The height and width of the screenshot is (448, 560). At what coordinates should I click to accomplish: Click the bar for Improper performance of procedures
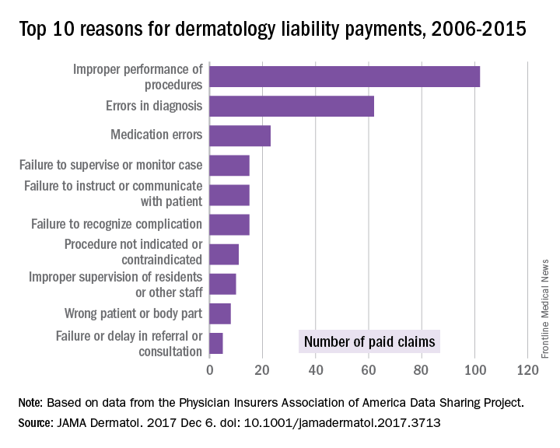pos(345,76)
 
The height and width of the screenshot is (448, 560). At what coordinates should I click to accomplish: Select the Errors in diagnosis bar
pos(292,106)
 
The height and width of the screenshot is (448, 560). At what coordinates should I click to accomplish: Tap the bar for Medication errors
pos(240,135)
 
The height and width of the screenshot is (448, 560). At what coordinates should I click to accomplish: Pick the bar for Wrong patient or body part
pos(220,313)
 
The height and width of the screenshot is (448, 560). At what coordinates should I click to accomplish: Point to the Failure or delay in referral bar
pos(215,343)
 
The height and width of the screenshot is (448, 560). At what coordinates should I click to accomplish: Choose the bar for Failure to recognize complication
pos(229,224)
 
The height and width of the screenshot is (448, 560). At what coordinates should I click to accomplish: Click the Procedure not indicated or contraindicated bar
pos(224,254)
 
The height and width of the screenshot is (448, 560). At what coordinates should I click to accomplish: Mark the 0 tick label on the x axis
pos(209,370)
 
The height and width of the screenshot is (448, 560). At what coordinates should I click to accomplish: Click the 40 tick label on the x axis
pos(316,370)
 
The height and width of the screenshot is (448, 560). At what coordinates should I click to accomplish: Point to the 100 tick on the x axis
pos(474,370)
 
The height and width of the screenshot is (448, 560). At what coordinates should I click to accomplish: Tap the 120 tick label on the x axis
pos(528,370)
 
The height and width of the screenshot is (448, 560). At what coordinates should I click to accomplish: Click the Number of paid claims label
pos(369,341)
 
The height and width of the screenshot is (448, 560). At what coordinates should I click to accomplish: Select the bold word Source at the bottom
pos(36,424)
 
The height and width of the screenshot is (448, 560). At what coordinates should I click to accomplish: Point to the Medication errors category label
pos(156,135)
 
